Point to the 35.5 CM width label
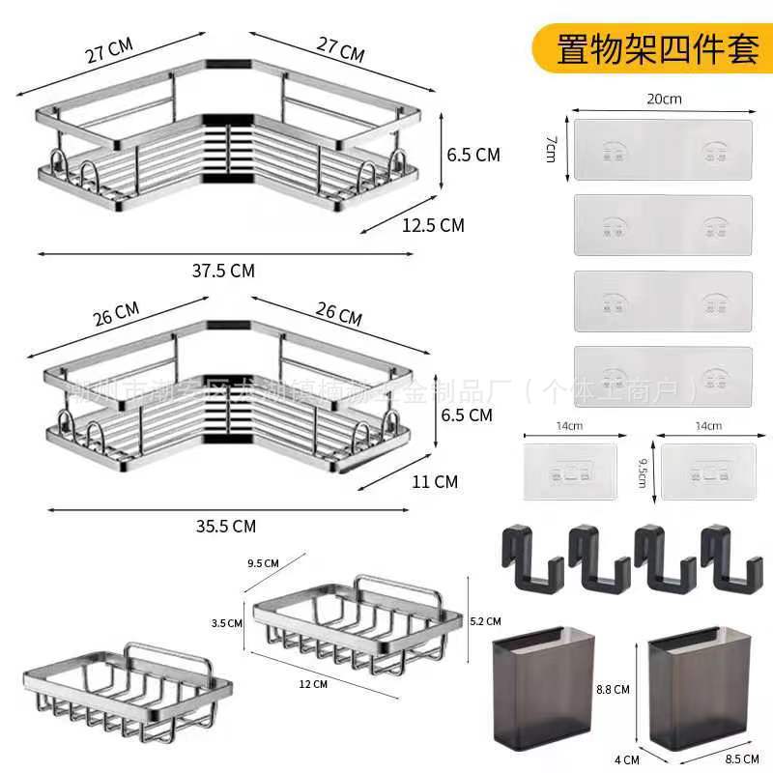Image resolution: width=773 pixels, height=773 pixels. pyautogui.click(x=223, y=526)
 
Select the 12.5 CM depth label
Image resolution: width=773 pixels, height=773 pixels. pyautogui.click(x=434, y=225)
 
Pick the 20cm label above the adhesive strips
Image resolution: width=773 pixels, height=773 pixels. pyautogui.click(x=664, y=99)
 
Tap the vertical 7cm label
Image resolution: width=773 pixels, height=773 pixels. pyautogui.click(x=551, y=148)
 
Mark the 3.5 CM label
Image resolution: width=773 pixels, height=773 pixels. pyautogui.click(x=227, y=623)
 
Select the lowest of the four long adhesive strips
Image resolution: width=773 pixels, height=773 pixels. pyautogui.click(x=663, y=376)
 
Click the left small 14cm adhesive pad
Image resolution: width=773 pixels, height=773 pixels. pyautogui.click(x=569, y=472)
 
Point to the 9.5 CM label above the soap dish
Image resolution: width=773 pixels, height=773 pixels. pyautogui.click(x=262, y=562)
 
